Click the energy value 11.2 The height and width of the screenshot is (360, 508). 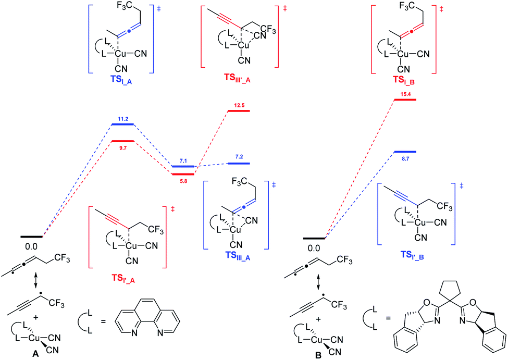pos(123,119)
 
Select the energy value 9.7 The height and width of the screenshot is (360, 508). pos(123,148)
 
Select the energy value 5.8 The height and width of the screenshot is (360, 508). pos(184,180)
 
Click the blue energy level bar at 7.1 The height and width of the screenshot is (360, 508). pos(184,167)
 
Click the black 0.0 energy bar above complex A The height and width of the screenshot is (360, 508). pos(32,236)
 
